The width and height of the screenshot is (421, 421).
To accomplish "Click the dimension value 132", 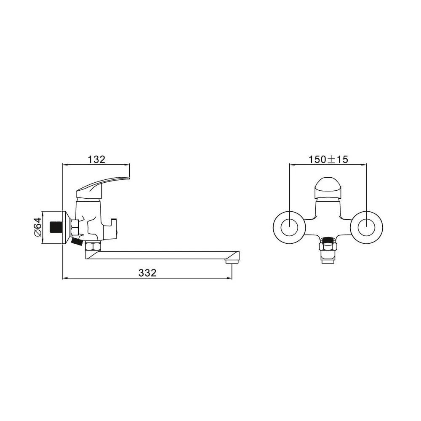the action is (x=97, y=159).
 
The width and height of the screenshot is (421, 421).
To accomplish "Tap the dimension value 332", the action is (x=147, y=273).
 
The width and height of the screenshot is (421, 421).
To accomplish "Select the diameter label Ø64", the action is (x=38, y=227).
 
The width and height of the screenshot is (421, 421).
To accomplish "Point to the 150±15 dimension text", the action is (x=328, y=159).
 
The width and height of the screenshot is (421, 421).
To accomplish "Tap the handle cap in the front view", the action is (x=328, y=187).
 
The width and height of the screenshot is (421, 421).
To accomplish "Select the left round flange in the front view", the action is (x=289, y=227).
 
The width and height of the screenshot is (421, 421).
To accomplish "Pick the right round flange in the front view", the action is (x=366, y=227).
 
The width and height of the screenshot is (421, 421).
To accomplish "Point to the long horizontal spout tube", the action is (x=161, y=255).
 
